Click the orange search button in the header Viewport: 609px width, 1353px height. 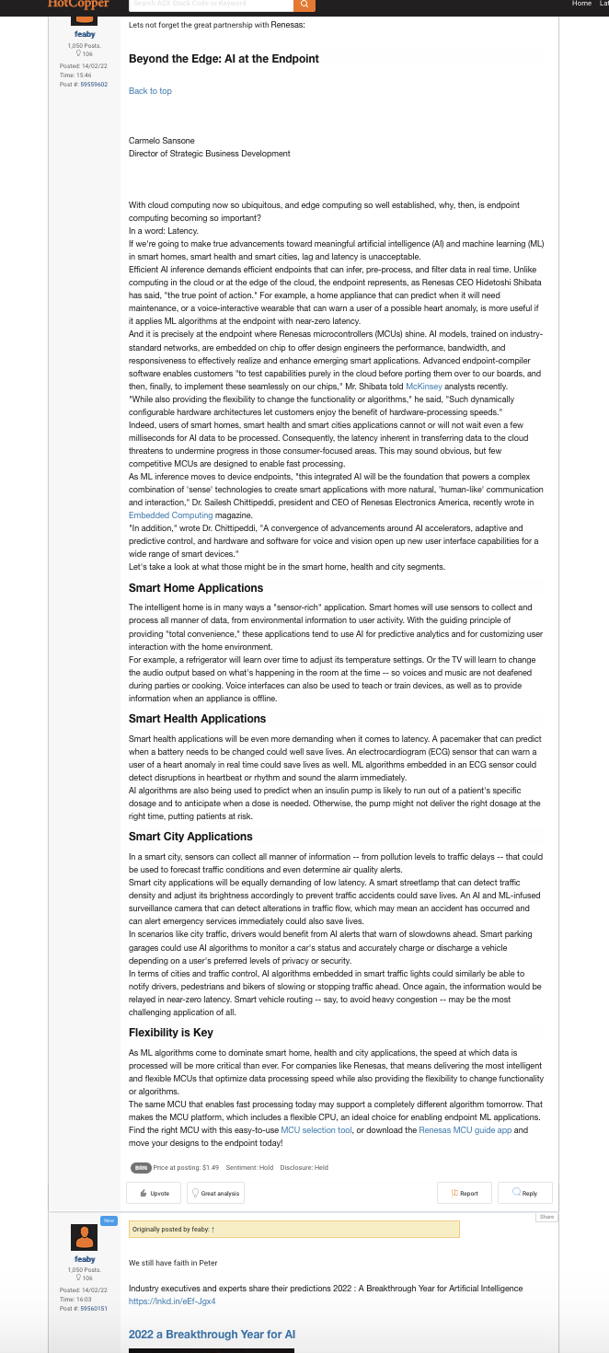coord(304,5)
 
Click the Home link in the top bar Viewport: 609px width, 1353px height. coord(581,4)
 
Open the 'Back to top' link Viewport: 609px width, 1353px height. coord(150,91)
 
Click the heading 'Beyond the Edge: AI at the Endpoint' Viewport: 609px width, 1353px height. coord(224,59)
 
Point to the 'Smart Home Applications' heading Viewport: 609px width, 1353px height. coord(196,588)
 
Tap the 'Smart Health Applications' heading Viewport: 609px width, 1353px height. coord(197,719)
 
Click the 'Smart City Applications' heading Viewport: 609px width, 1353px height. coord(190,837)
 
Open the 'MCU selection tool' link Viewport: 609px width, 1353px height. coord(316,1129)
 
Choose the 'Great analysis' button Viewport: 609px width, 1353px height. coord(216,1193)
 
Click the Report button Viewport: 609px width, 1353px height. coord(465,1193)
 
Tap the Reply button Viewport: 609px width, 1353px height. coord(525,1193)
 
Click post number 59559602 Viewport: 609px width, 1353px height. coord(94,85)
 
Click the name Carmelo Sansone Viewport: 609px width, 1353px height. coord(162,141)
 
